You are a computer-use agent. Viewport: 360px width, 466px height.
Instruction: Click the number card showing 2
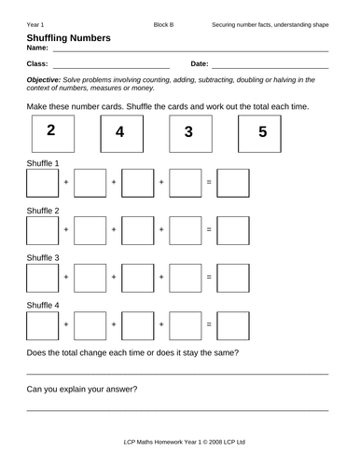[x=50, y=131]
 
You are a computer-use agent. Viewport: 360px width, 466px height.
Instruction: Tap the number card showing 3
[x=188, y=132]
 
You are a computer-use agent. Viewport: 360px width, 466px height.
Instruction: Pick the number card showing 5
[x=262, y=132]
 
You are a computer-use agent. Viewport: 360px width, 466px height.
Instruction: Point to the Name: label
[x=38, y=48]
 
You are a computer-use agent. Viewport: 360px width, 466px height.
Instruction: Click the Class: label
[x=38, y=64]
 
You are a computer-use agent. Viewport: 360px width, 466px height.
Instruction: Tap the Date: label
[x=200, y=64]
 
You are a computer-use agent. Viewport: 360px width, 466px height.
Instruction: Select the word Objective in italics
[x=46, y=80]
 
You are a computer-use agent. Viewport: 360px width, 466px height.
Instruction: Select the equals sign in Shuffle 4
[x=209, y=324]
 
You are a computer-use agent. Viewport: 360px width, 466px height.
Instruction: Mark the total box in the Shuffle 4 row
[x=233, y=324]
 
